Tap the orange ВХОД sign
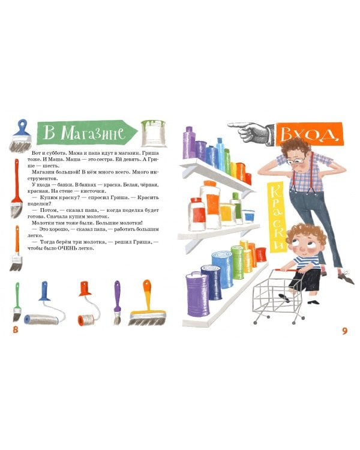pyautogui.click(x=310, y=134)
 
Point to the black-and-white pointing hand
pyautogui.click(x=251, y=133)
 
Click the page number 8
pyautogui.click(x=16, y=329)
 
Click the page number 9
pyautogui.click(x=344, y=331)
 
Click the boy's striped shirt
pyautogui.click(x=307, y=262)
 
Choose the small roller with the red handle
pyautogui.click(x=88, y=304)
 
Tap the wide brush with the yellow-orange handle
pyautogui.click(x=147, y=304)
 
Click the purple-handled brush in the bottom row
pyautogui.click(x=117, y=302)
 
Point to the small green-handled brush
pyautogui.click(x=17, y=302)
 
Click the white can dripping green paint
pyautogui.click(x=154, y=133)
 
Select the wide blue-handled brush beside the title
pyautogui.click(x=20, y=136)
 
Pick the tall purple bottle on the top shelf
pyautogui.click(x=188, y=143)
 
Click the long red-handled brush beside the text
pyautogui.click(x=16, y=188)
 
